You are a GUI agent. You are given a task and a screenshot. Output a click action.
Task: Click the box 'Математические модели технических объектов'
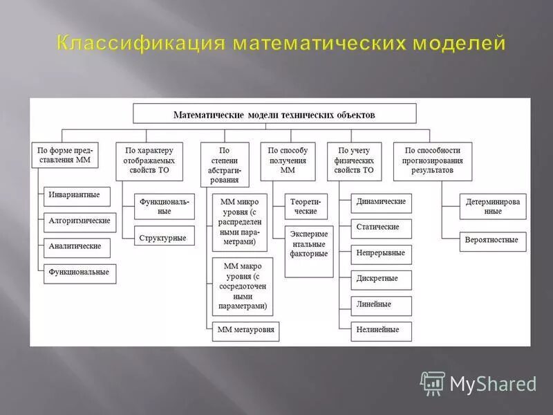click(274, 114)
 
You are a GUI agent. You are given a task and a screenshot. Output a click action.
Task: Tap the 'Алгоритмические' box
click(79, 221)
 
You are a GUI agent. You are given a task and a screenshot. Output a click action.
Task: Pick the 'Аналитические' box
click(75, 247)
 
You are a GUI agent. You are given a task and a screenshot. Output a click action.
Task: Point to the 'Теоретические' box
click(305, 206)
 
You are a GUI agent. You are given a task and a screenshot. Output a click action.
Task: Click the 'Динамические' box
click(381, 202)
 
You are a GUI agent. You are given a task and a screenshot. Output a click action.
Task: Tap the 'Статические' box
click(378, 228)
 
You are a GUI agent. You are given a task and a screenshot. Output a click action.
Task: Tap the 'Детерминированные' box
click(493, 206)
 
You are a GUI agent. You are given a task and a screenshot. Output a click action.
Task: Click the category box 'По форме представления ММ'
click(65, 155)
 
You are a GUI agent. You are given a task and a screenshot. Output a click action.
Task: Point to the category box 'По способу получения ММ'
click(288, 160)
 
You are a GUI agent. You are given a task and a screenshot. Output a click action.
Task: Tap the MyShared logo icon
click(433, 382)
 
